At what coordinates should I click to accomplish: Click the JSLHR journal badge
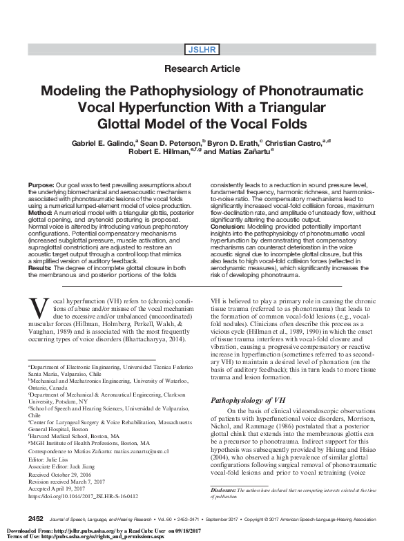coord(202,48)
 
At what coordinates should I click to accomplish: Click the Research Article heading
coord(202,69)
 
